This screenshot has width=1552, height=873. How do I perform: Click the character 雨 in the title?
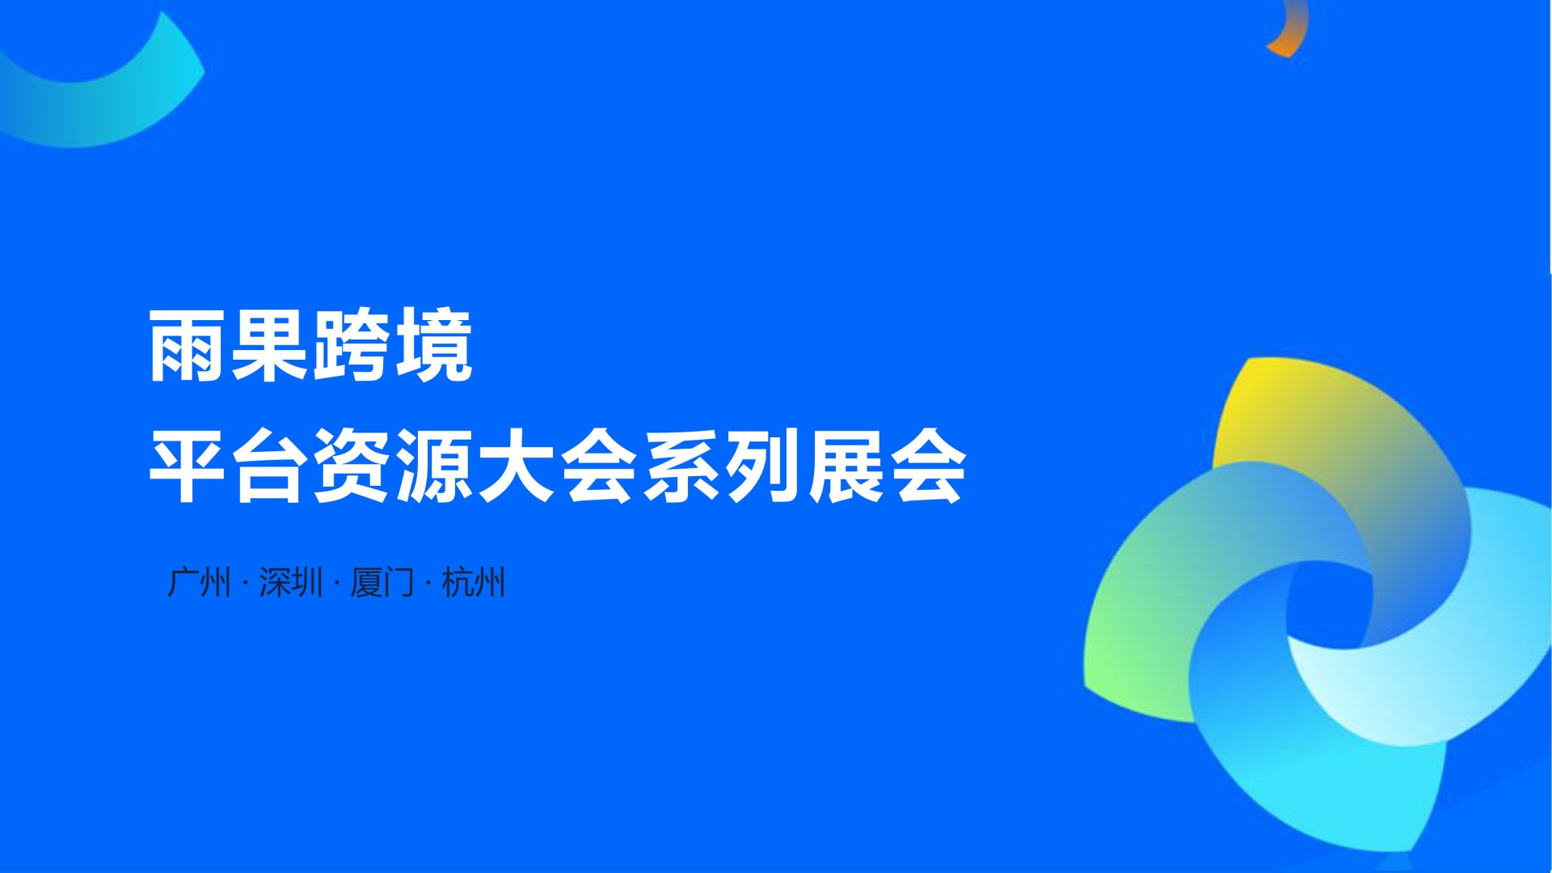tap(188, 345)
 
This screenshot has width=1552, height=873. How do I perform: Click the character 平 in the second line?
tap(188, 466)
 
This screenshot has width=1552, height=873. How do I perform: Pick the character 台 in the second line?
tap(270, 466)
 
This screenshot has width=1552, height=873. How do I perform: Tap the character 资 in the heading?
tap(352, 466)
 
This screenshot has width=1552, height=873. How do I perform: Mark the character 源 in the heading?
tap(434, 466)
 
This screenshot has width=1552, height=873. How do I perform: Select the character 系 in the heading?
tap(681, 466)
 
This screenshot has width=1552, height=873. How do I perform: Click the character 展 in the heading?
tap(845, 466)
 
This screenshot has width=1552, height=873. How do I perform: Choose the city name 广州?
tap(199, 582)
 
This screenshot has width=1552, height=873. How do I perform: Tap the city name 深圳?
tap(291, 582)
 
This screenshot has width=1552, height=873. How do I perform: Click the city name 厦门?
tap(382, 582)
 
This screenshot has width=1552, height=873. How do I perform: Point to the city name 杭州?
tap(474, 582)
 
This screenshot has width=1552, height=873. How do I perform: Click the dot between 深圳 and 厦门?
tap(336, 584)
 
